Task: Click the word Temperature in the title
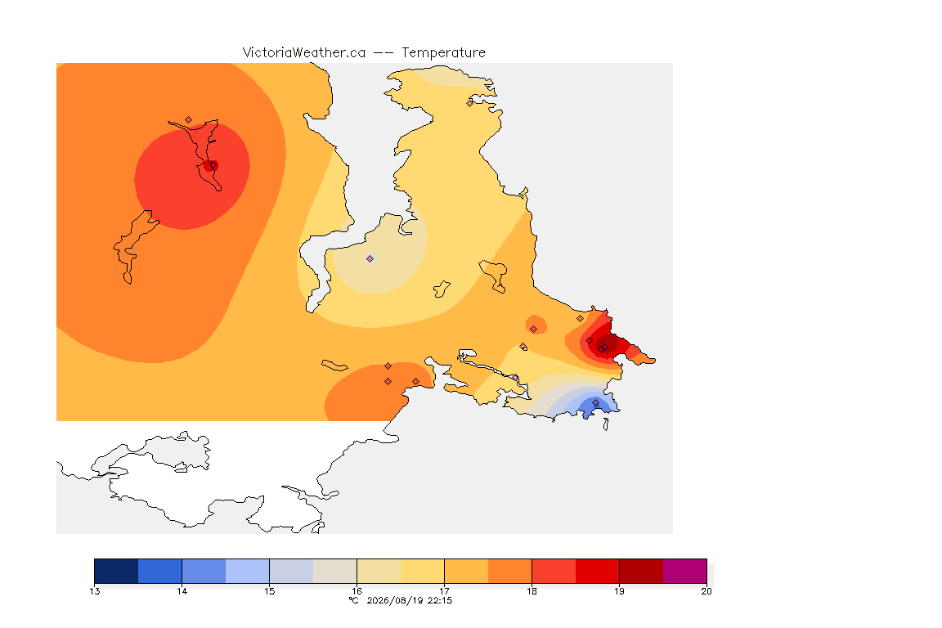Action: [x=443, y=53]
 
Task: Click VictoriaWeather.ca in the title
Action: [x=304, y=53]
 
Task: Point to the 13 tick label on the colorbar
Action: [x=94, y=591]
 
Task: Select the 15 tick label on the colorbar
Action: [x=269, y=591]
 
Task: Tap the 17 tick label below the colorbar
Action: [x=444, y=591]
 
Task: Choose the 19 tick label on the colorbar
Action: [x=619, y=591]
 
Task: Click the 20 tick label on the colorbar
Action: [x=706, y=591]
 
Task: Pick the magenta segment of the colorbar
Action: [x=685, y=571]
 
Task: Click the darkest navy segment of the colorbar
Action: [x=117, y=571]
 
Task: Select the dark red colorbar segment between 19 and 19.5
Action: [x=641, y=571]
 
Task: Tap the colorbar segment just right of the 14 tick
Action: [x=204, y=571]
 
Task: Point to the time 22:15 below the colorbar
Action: [x=440, y=600]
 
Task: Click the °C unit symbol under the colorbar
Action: [x=354, y=600]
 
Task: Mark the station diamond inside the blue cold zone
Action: [x=595, y=402]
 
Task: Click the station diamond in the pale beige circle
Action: [x=370, y=259]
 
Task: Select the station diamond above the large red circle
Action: [x=189, y=120]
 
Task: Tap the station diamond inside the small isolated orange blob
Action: [x=533, y=330]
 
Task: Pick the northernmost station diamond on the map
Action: [x=470, y=103]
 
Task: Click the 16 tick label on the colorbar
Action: [x=357, y=591]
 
